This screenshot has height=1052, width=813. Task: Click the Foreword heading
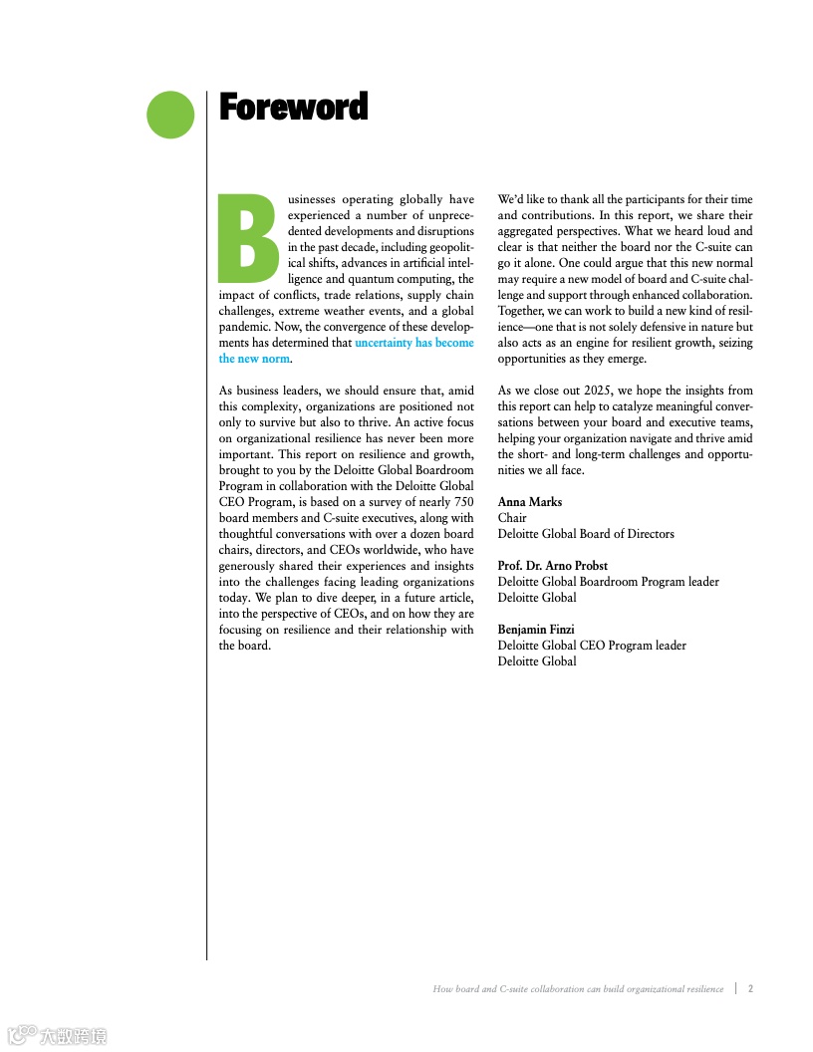click(x=293, y=107)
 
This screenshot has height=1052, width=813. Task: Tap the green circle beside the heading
click(x=170, y=115)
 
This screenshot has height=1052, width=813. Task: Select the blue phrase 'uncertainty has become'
click(x=413, y=343)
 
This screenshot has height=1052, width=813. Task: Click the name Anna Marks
click(x=530, y=502)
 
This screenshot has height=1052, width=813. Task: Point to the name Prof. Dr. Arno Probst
click(x=553, y=566)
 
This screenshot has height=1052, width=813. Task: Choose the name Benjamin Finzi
click(x=536, y=630)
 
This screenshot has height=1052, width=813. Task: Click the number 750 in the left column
click(x=463, y=502)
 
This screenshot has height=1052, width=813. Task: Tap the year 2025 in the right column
click(x=593, y=391)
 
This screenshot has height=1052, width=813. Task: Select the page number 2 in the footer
click(x=750, y=989)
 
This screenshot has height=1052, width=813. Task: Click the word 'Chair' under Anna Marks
click(x=512, y=518)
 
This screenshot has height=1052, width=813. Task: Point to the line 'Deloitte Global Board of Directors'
click(x=586, y=534)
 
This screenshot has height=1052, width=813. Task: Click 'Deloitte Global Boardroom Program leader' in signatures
click(x=608, y=582)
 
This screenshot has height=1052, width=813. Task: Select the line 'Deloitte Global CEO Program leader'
click(x=592, y=646)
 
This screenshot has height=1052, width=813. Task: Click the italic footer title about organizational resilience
click(x=578, y=989)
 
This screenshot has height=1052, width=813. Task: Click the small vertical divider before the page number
click(x=735, y=989)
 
